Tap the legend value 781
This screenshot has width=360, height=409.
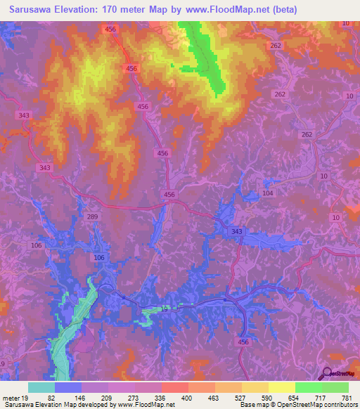[x=345, y=397]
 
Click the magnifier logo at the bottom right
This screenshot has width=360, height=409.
[x=328, y=373]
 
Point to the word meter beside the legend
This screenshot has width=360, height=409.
[x=11, y=397]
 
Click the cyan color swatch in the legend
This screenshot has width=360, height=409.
[x=41, y=387]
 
